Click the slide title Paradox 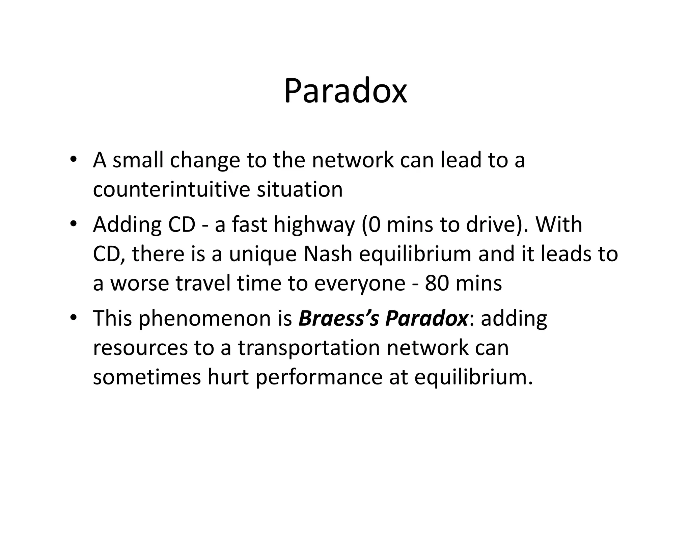coord(345,91)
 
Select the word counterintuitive coord(171,189)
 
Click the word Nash coord(328,254)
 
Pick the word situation coord(300,189)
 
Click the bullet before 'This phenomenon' coord(73,318)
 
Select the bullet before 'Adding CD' coord(73,224)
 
